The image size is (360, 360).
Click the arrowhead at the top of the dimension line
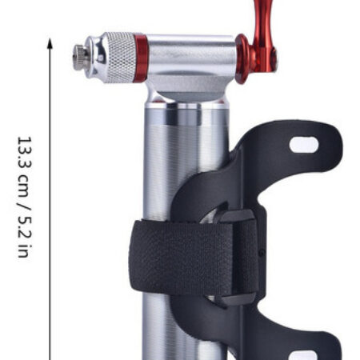[50, 43]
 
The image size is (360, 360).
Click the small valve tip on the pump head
[81, 58]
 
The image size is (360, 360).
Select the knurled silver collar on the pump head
[121, 58]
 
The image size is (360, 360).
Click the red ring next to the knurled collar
[141, 58]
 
